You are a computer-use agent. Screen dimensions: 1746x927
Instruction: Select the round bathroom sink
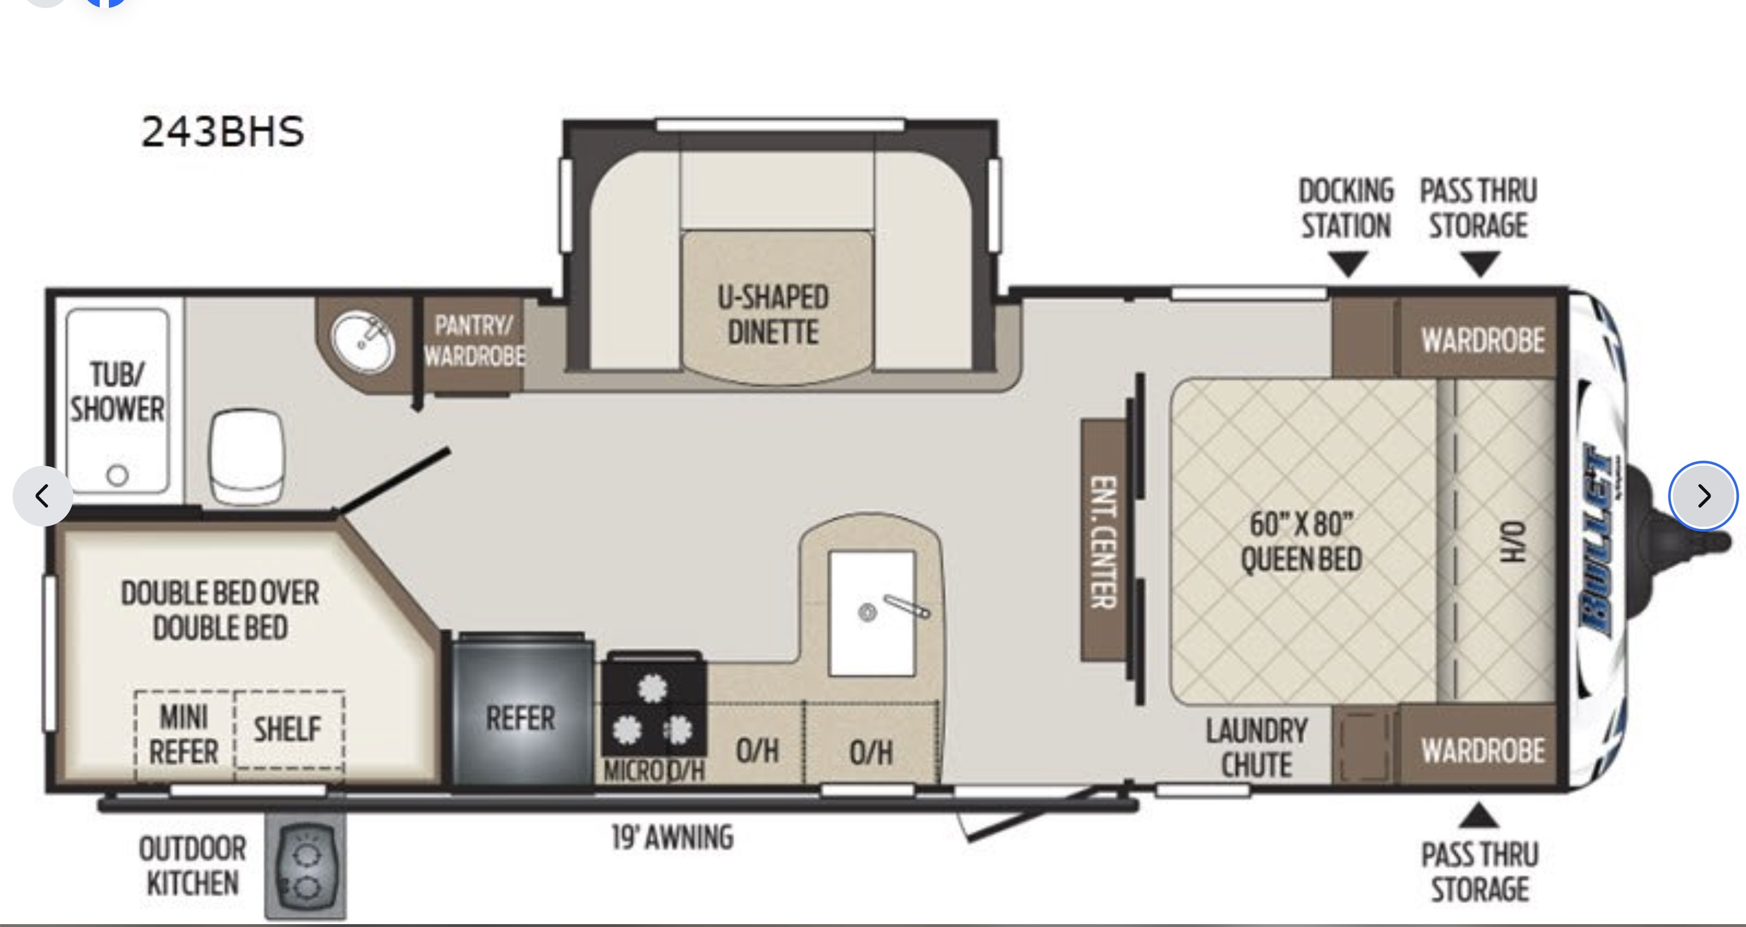pyautogui.click(x=363, y=343)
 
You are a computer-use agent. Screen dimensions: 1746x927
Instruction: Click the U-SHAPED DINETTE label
pyautogui.click(x=773, y=315)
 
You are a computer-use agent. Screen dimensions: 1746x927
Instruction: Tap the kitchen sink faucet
pyautogui.click(x=906, y=606)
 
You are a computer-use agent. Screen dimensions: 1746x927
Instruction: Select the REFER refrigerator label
pyautogui.click(x=520, y=718)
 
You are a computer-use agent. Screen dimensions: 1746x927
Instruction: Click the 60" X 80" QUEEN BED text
pyautogui.click(x=1301, y=541)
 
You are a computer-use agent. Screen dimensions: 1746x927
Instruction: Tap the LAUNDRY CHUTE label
pyautogui.click(x=1256, y=748)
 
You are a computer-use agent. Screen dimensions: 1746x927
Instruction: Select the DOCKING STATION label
pyautogui.click(x=1346, y=208)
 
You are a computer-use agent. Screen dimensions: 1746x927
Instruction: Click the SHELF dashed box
pyautogui.click(x=289, y=730)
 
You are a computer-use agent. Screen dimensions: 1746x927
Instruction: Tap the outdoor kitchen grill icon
pyautogui.click(x=306, y=865)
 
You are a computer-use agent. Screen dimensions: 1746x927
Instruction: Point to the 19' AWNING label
pyautogui.click(x=672, y=838)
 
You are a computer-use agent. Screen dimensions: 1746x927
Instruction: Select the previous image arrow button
pyautogui.click(x=42, y=496)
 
